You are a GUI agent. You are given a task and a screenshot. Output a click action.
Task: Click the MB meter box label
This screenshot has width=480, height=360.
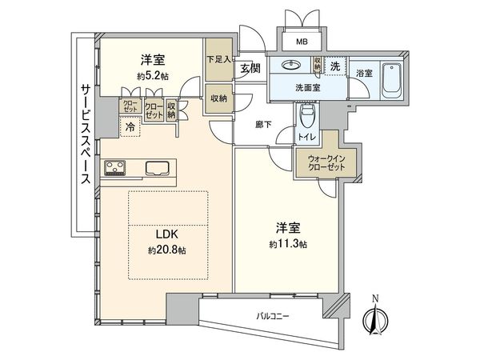pyautogui.click(x=302, y=42)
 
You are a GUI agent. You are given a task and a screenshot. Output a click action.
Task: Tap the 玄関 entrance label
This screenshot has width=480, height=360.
pyautogui.click(x=249, y=69)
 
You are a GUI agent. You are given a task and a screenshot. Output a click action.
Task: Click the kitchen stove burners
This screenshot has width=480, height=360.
pyautogui.click(x=114, y=168)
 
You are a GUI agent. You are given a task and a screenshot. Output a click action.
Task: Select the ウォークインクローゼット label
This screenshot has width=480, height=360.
pyautogui.click(x=318, y=164)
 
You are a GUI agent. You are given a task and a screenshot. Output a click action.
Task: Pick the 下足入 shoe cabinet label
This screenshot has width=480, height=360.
pyautogui.click(x=216, y=58)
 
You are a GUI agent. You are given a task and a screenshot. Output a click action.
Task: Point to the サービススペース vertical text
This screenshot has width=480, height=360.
pyautogui.click(x=85, y=134)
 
